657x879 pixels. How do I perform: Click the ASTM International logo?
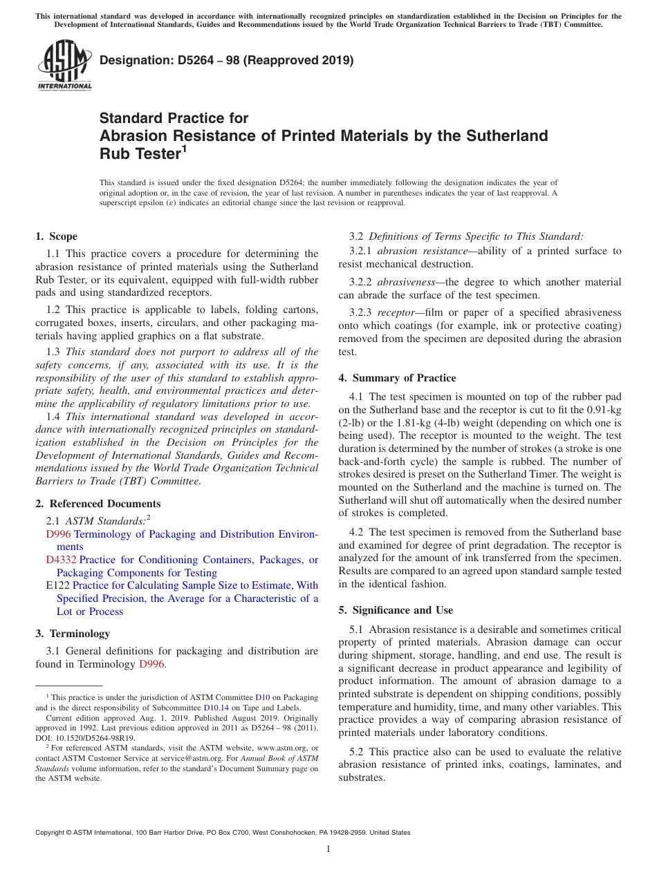click(x=64, y=65)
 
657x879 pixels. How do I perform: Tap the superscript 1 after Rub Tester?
click(x=184, y=148)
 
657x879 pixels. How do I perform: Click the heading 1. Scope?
click(x=57, y=236)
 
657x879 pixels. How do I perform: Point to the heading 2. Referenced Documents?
click(x=98, y=504)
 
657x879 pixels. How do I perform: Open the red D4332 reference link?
click(x=61, y=560)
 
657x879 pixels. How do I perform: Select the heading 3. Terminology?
click(x=73, y=633)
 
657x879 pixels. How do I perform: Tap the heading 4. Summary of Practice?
click(x=397, y=378)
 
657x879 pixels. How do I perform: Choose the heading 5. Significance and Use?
click(x=396, y=610)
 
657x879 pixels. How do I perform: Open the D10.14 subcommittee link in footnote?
click(x=214, y=707)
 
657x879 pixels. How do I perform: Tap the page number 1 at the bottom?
click(x=328, y=849)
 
